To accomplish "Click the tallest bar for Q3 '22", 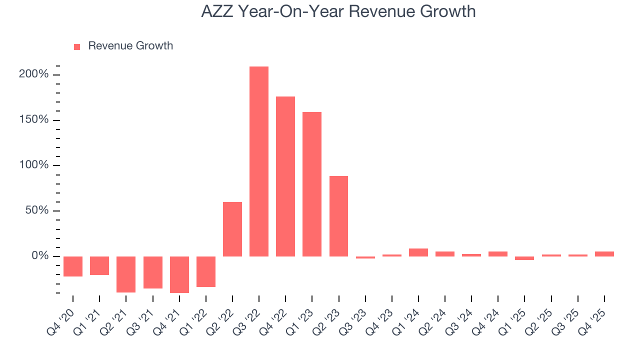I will [259, 161].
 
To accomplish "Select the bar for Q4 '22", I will [285, 176].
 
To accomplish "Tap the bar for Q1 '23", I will [312, 184].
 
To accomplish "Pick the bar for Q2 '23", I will [338, 216].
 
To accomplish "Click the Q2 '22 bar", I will [232, 229].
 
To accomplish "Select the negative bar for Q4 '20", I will [73, 266].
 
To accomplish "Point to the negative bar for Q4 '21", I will [179, 274].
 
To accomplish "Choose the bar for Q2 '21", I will [126, 274].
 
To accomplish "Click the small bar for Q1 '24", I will [418, 252].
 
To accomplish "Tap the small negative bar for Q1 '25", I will [524, 258].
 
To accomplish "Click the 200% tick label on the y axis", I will [34, 74].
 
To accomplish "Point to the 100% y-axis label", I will [34, 165].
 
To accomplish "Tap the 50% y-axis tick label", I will [37, 210].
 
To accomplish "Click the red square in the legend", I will [77, 46].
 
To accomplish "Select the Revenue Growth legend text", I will [130, 46].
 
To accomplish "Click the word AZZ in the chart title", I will [217, 11].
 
